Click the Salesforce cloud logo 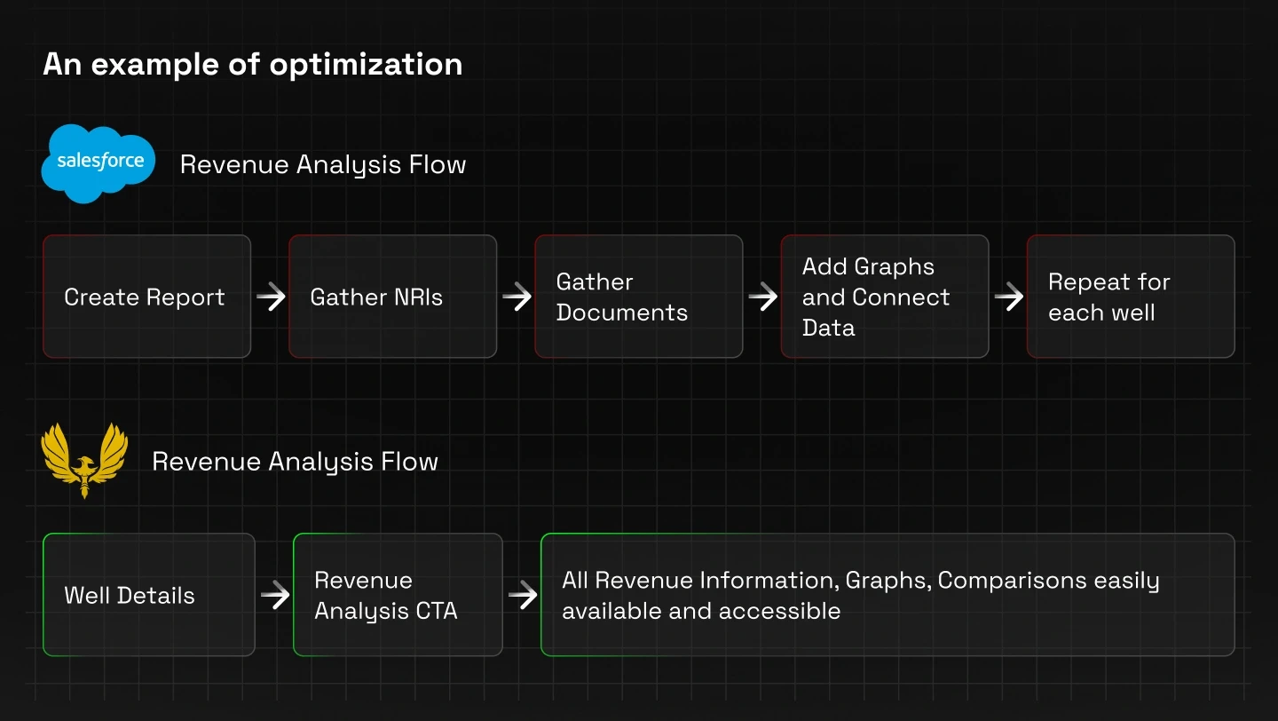(99, 163)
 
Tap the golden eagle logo (84, 460)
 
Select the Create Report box (146, 297)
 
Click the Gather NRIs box (392, 297)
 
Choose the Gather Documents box (638, 297)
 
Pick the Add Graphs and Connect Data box (884, 297)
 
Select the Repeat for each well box (1131, 297)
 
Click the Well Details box (149, 594)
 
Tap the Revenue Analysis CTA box (398, 594)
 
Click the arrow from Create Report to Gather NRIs (271, 297)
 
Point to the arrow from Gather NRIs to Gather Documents (517, 297)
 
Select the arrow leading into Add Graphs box (762, 297)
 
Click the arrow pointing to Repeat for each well (1008, 297)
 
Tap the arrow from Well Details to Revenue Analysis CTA (275, 595)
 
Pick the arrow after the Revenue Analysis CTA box (522, 595)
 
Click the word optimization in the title (366, 65)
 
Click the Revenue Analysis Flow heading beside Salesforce (323, 165)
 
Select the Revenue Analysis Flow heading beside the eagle (295, 462)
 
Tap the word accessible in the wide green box (779, 611)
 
